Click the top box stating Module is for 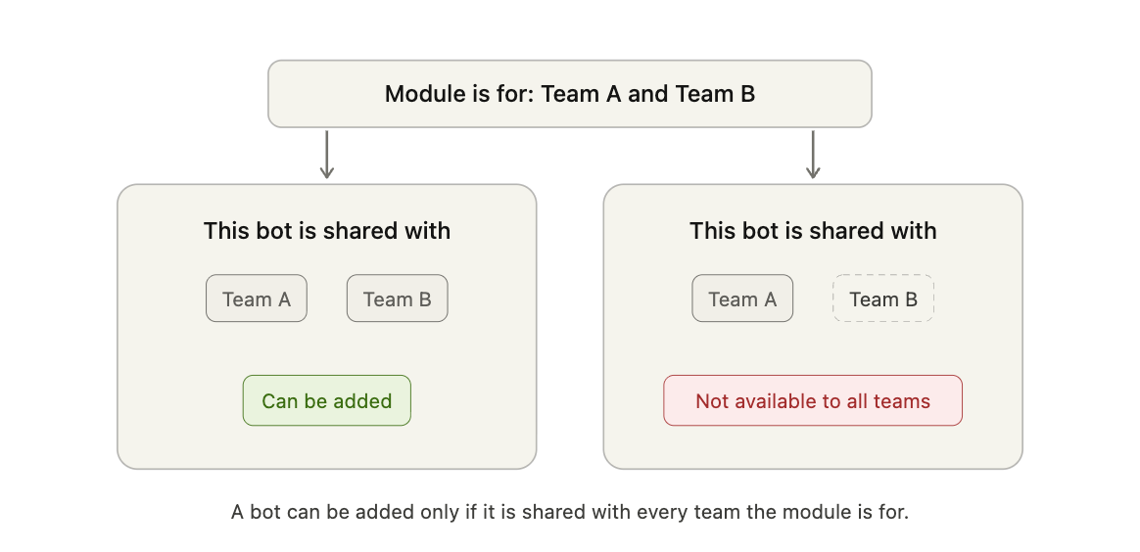569,94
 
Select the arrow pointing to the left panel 327,155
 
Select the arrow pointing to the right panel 813,155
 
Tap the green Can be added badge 326,400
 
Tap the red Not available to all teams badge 813,400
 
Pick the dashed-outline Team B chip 883,299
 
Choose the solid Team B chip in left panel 397,299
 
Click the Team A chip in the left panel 256,299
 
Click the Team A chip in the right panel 742,299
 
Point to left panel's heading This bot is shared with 327,231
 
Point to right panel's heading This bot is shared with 813,231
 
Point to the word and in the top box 647,94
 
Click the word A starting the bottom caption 238,512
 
